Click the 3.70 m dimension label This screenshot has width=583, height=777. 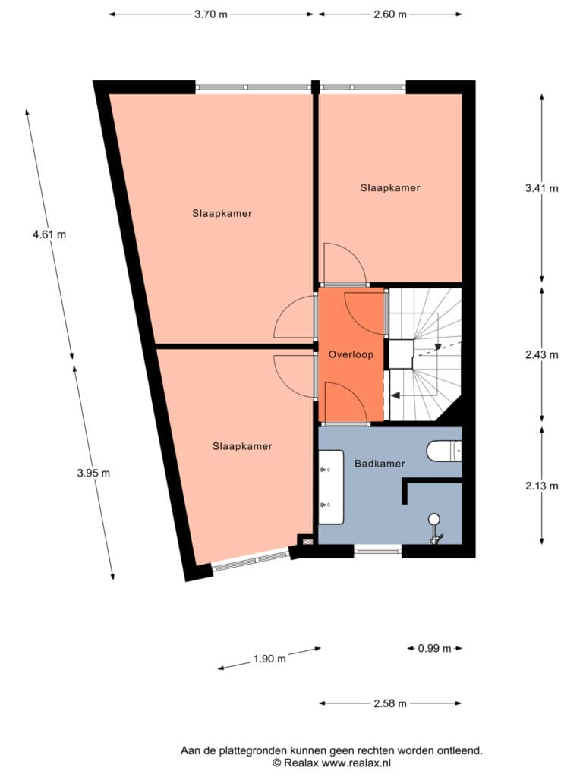[x=211, y=14]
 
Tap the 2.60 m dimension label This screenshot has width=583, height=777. [x=390, y=14]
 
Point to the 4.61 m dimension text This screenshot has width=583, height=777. [x=49, y=234]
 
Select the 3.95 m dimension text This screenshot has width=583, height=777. [x=93, y=473]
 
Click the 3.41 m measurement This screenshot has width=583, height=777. [x=542, y=188]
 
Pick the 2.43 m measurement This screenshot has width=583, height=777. [x=542, y=355]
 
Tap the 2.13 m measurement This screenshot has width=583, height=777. [x=542, y=486]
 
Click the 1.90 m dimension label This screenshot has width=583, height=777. [x=269, y=659]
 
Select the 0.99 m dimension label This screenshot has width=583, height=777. [x=435, y=648]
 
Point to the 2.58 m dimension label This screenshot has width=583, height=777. [x=390, y=703]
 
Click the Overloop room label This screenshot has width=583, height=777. [x=351, y=355]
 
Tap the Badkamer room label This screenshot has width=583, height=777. [x=380, y=464]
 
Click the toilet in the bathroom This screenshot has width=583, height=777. [x=444, y=451]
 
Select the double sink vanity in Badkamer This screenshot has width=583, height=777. [x=331, y=487]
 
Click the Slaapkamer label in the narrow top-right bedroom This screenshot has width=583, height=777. [x=390, y=188]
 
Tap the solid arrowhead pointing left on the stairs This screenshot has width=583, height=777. [x=396, y=395]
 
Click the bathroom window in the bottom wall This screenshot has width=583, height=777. [x=378, y=549]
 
